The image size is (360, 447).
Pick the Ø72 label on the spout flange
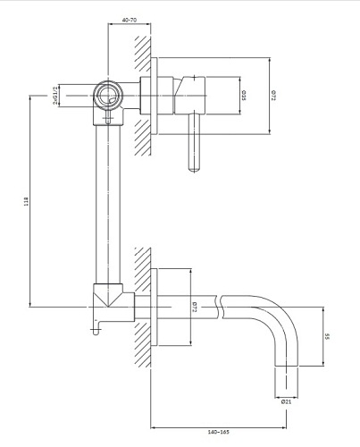click(195, 308)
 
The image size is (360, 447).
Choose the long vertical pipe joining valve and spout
click(110, 206)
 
